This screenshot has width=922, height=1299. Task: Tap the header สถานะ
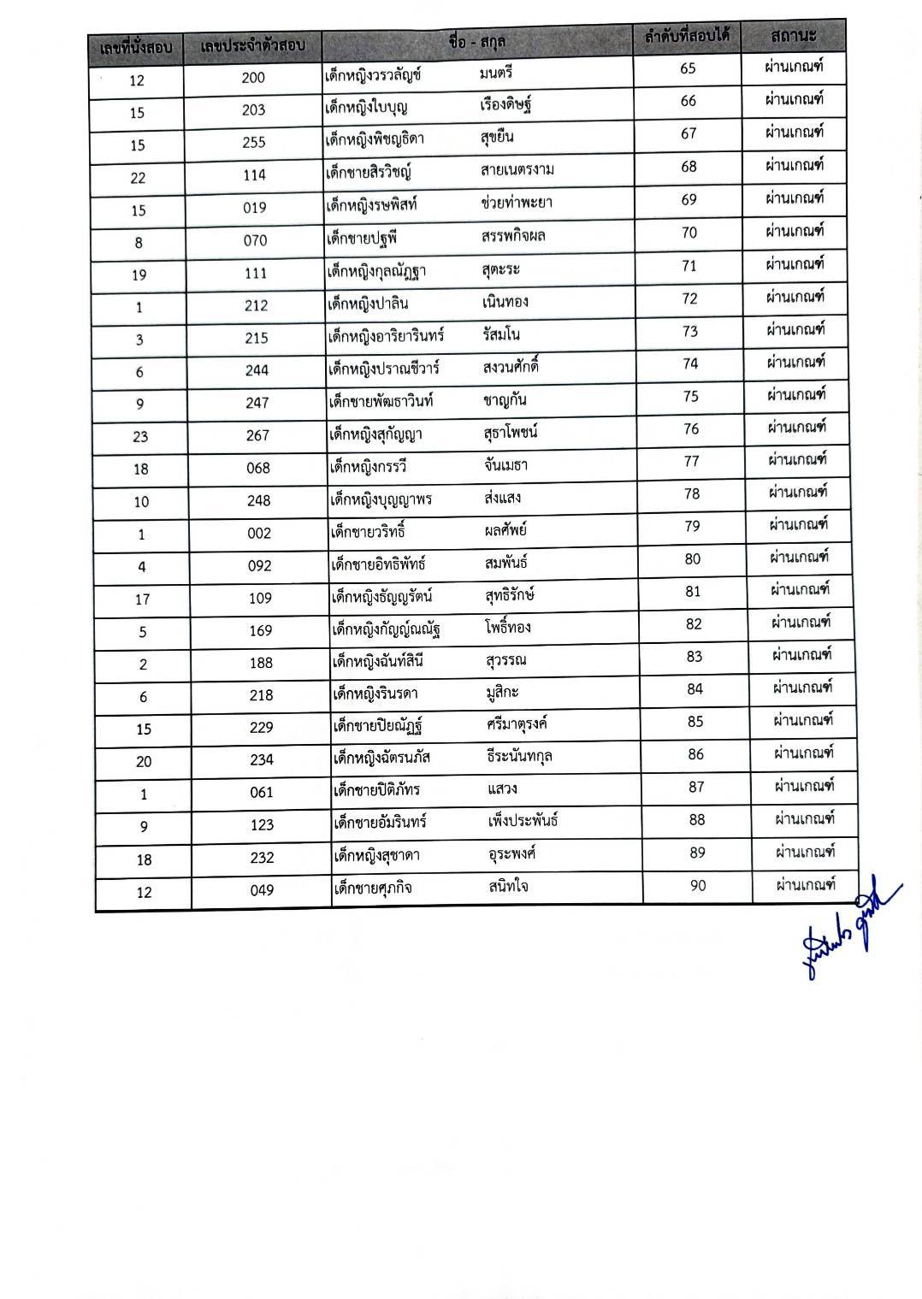coord(793,36)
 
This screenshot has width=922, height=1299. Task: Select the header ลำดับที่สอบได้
coord(686,38)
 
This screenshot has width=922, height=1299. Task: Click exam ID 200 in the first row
coord(253,78)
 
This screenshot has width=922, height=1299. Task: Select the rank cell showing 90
coord(698,885)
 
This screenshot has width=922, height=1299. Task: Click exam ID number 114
coord(254,175)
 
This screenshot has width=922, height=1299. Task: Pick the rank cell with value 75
coord(690,396)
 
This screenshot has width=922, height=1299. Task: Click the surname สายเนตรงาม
coord(517,169)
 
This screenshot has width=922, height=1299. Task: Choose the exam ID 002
coord(259,533)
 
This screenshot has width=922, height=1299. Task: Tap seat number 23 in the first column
coord(140,436)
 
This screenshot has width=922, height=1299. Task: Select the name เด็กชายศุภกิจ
coord(373,888)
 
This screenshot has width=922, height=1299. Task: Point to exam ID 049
coord(263,890)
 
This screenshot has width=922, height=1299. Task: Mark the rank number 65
coord(688,68)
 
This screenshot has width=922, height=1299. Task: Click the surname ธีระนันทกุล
coord(519,755)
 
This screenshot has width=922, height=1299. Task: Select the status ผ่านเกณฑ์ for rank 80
coord(799,558)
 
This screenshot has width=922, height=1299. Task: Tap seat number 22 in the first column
coord(138,178)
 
